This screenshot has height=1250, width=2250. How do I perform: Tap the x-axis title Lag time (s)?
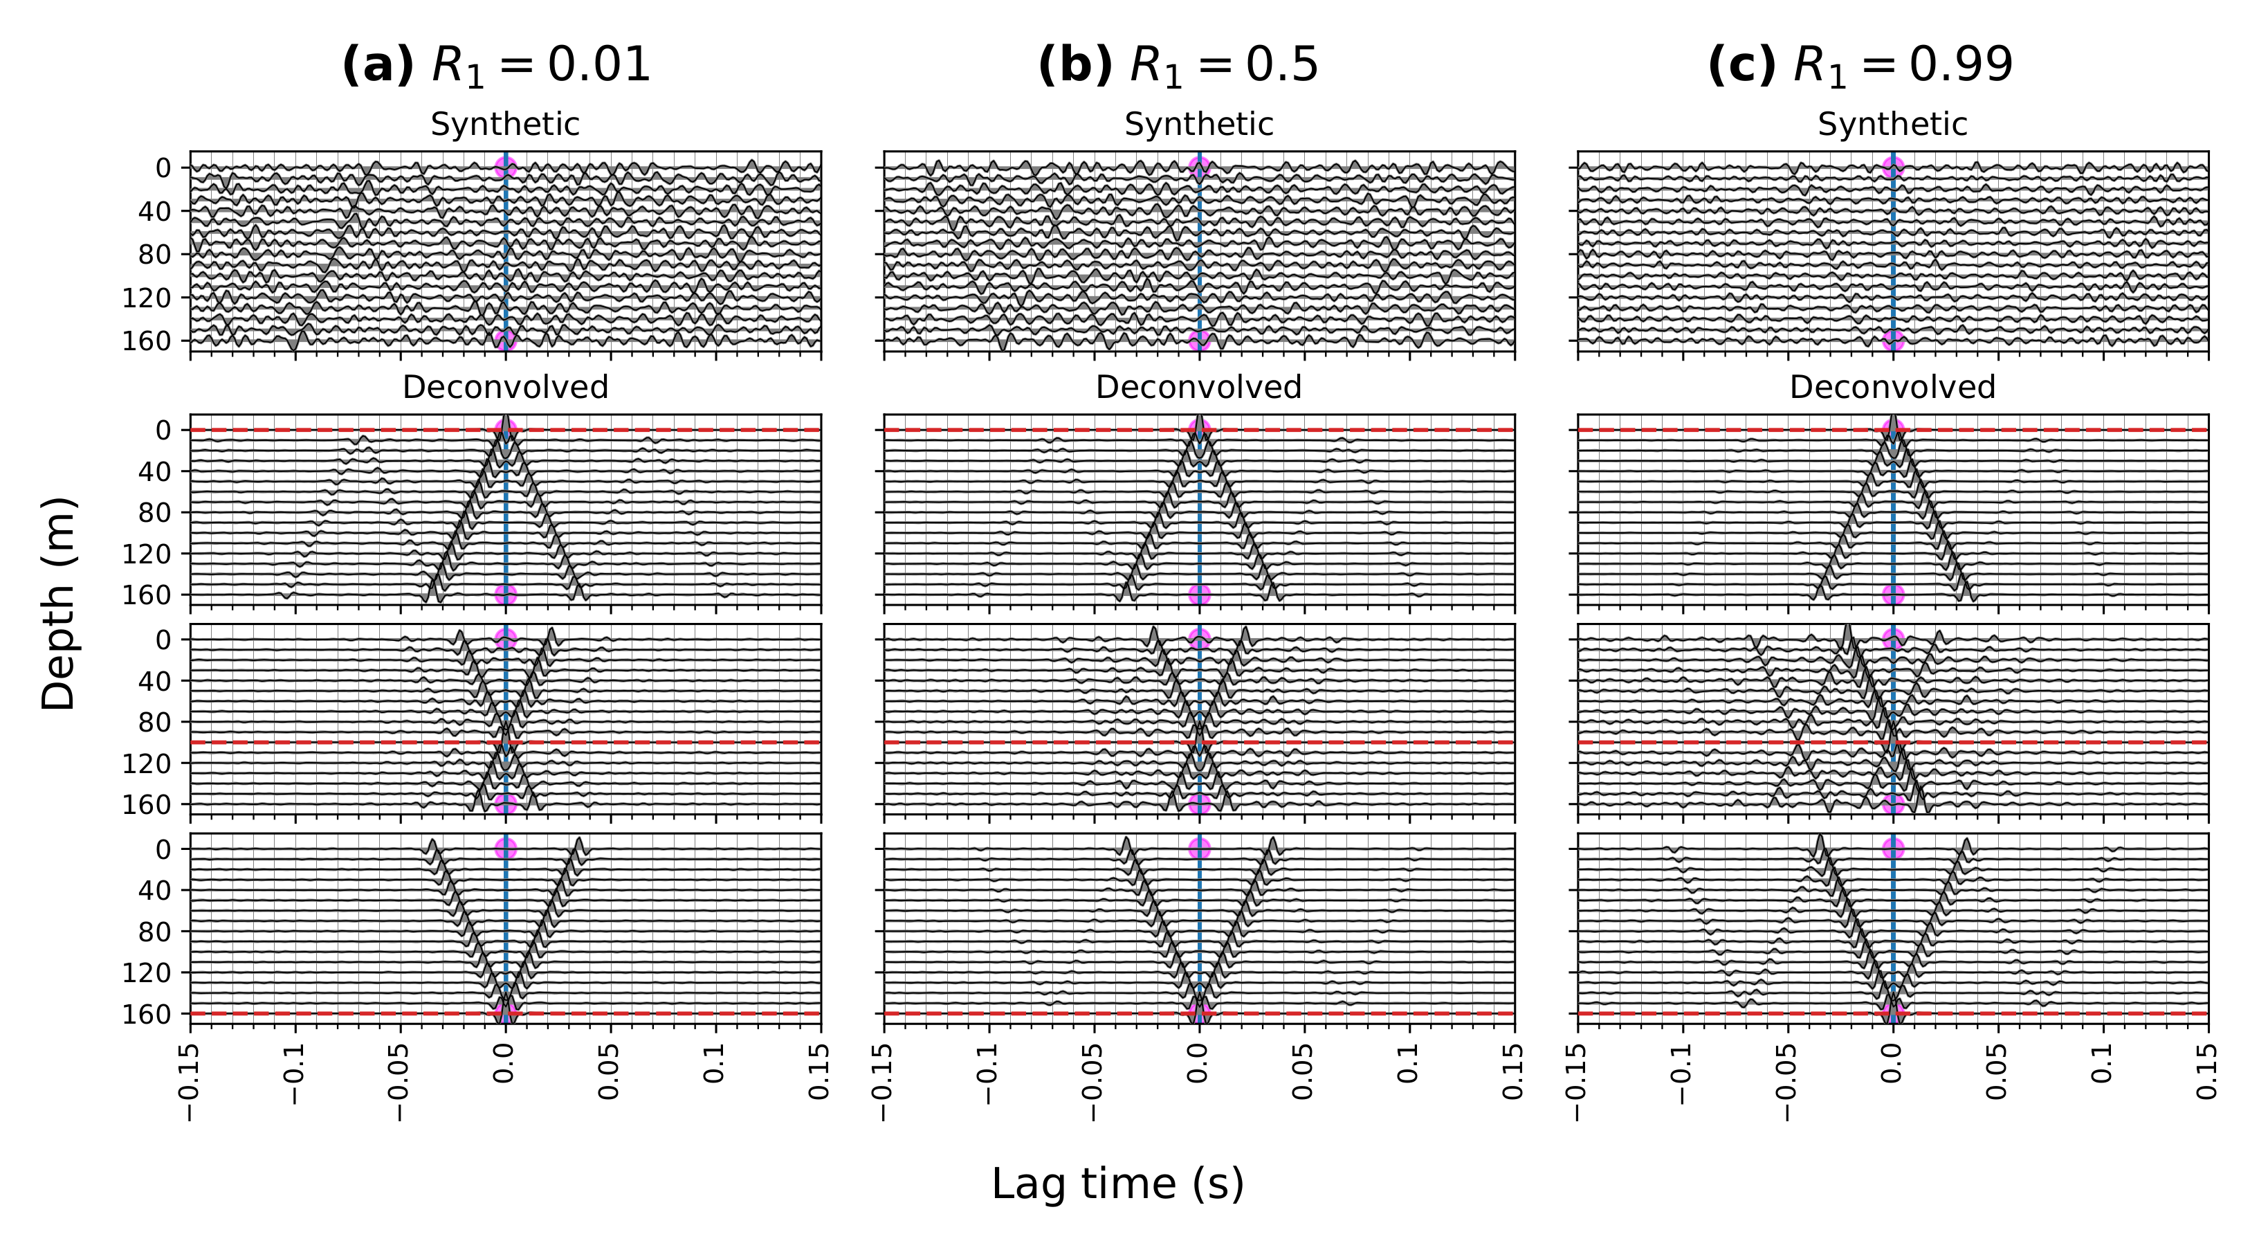1117,1184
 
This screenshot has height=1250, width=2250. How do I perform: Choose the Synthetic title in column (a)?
505,125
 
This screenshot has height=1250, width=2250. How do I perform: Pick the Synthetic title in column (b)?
1198,125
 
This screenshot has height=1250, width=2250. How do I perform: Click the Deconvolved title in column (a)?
505,387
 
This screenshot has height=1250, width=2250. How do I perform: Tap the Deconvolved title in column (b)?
1198,387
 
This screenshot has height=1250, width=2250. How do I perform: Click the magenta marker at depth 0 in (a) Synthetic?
506,167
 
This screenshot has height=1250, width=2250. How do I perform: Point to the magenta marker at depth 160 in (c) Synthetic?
1893,341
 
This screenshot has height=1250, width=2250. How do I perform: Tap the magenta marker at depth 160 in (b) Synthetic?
1199,341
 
